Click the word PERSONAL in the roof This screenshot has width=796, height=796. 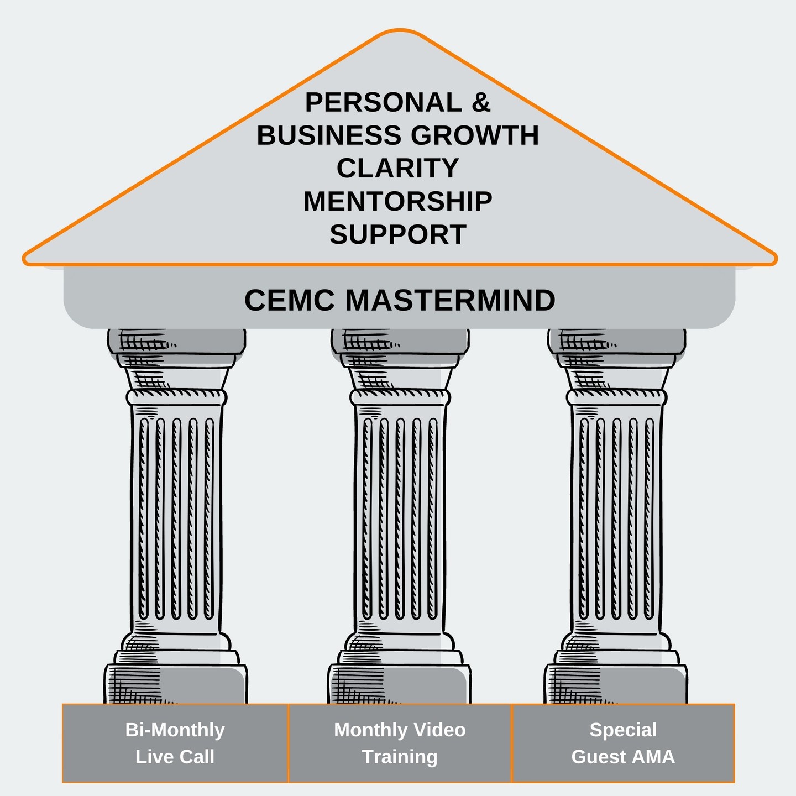point(383,103)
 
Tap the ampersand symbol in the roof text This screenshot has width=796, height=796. point(481,103)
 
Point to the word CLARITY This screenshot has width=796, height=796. point(398,168)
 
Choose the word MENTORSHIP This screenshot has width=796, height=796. point(398,201)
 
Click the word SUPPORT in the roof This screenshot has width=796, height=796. point(398,234)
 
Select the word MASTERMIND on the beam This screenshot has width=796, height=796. point(450,300)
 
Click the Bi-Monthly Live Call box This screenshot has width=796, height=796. point(175,743)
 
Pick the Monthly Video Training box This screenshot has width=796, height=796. point(400,743)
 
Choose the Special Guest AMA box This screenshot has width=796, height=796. point(623,743)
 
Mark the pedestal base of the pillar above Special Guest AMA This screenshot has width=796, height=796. point(616,683)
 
